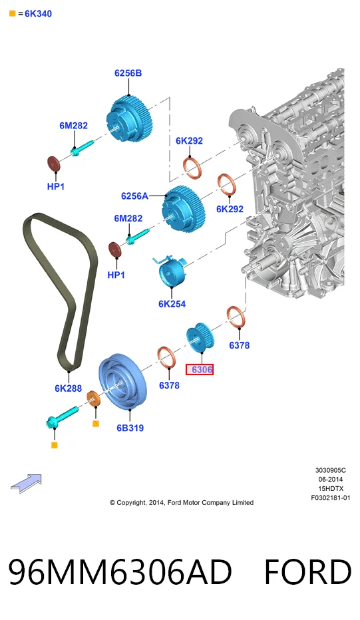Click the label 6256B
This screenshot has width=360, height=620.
click(x=128, y=73)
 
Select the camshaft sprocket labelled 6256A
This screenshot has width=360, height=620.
click(x=184, y=208)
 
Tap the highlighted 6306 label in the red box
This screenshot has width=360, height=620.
click(x=200, y=369)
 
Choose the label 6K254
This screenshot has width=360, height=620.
click(x=172, y=303)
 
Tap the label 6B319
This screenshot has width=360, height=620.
click(x=130, y=428)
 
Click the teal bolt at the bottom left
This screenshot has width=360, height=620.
click(x=62, y=417)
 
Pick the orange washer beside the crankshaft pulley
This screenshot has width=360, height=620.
click(x=94, y=398)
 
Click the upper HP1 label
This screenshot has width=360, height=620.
click(x=56, y=186)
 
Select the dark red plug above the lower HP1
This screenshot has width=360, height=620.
click(x=114, y=249)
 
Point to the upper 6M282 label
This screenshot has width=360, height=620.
click(x=74, y=126)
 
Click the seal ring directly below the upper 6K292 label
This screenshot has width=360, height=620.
click(x=192, y=168)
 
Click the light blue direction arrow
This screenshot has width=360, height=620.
click(x=26, y=484)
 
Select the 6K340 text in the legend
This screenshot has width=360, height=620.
click(x=38, y=14)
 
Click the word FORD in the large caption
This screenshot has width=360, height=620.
click(x=308, y=571)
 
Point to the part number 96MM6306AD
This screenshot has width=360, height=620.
click(x=120, y=571)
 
